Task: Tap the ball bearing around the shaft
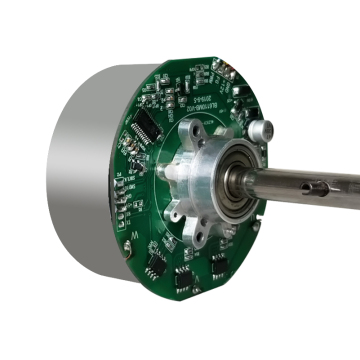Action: tap(244, 178)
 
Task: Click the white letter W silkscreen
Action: tap(134, 238)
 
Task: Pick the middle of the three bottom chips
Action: tap(186, 276)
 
